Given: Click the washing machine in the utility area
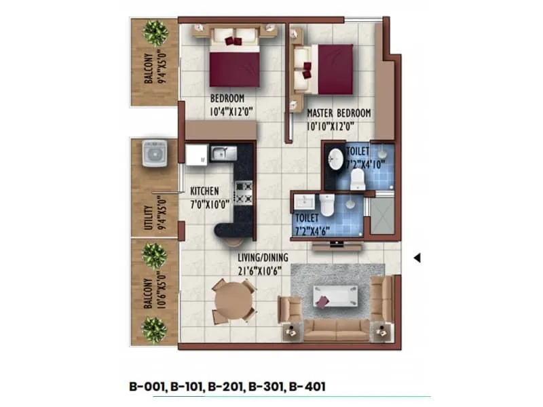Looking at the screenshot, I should tap(155, 153).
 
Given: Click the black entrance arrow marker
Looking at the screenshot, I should tap(418, 258).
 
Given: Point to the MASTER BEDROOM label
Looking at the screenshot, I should tap(339, 113).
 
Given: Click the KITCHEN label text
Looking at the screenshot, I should tap(204, 191).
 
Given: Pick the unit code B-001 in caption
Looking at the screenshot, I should tap(147, 387).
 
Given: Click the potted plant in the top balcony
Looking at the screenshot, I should tap(156, 32).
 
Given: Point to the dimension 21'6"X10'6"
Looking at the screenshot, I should tap(259, 269).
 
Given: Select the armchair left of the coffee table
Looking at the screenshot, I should tap(291, 309).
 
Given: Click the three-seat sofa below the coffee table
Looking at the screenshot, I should tap(336, 330).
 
